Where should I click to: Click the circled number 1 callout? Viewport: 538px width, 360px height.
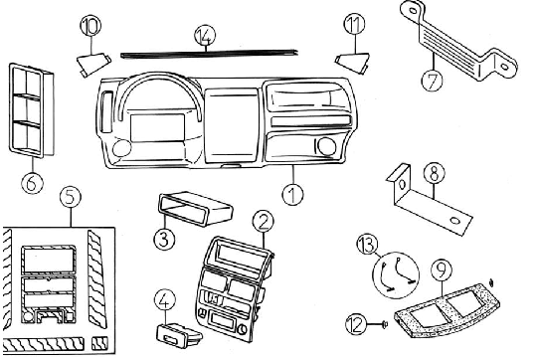click(x=292, y=194)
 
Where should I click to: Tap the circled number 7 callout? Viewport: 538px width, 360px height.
click(x=432, y=80)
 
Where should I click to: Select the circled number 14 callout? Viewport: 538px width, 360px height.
click(x=205, y=36)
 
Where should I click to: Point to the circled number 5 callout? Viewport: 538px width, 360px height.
click(x=70, y=198)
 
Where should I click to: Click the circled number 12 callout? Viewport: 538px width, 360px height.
click(x=356, y=324)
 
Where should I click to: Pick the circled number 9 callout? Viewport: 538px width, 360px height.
click(x=442, y=270)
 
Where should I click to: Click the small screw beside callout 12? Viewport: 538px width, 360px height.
click(x=384, y=324)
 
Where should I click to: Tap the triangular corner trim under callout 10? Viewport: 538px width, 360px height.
click(x=92, y=64)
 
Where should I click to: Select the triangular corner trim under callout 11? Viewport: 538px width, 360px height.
click(x=353, y=62)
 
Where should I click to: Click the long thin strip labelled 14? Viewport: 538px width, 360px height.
click(x=209, y=55)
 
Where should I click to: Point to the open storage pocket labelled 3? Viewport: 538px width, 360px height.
click(x=196, y=208)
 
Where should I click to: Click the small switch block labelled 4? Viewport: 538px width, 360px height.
click(x=179, y=334)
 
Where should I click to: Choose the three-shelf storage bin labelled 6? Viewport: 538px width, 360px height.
click(x=31, y=110)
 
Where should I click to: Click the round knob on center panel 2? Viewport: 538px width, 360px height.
click(x=242, y=329)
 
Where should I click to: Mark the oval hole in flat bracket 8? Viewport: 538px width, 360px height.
click(x=455, y=221)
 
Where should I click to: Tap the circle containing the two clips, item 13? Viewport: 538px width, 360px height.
click(x=396, y=275)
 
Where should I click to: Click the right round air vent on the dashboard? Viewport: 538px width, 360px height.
click(x=326, y=145)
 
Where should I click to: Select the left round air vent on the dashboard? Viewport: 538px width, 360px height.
click(x=121, y=148)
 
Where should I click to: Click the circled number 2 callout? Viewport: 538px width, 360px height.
click(x=264, y=221)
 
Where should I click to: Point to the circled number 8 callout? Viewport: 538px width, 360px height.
click(x=434, y=173)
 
